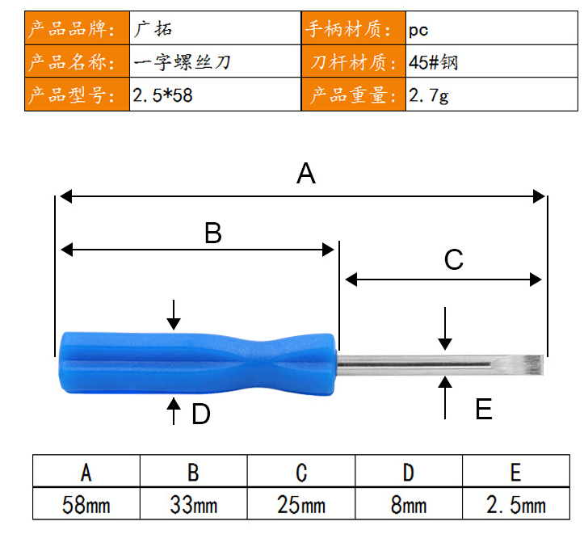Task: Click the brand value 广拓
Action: [153, 28]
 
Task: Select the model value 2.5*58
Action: [162, 95]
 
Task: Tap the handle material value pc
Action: [418, 30]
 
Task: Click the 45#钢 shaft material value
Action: [433, 62]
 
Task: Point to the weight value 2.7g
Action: [429, 95]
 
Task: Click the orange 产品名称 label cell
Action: [77, 61]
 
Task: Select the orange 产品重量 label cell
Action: [354, 95]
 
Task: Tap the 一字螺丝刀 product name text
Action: [182, 62]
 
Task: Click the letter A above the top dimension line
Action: [306, 174]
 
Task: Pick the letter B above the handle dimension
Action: [213, 233]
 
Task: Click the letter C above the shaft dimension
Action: [454, 259]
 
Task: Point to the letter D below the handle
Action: [201, 414]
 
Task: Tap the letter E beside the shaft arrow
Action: [484, 409]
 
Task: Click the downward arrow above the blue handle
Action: [174, 315]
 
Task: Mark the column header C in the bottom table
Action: [301, 471]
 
